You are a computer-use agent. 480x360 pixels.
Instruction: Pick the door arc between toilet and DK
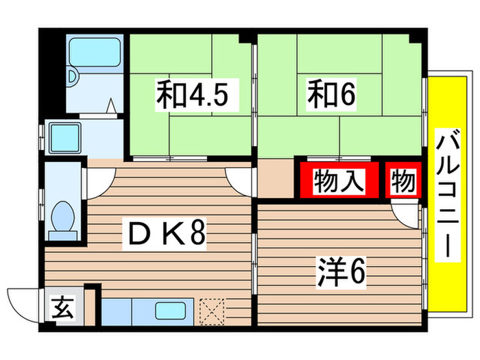[x=95, y=180]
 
